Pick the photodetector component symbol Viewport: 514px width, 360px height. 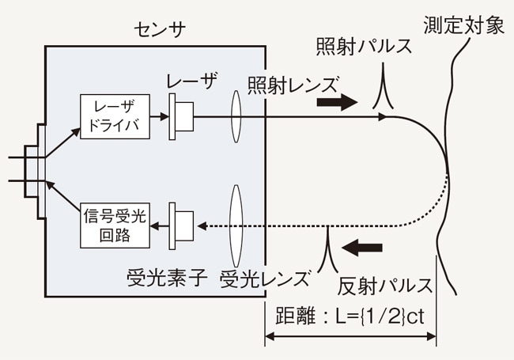182,226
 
